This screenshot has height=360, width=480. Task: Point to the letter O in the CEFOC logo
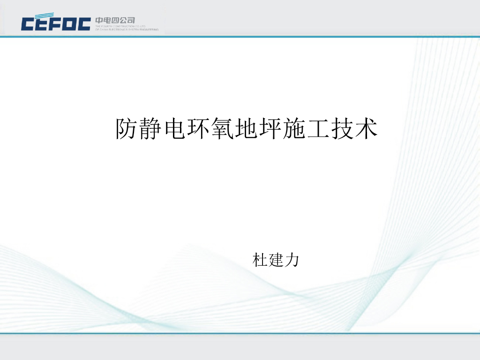coord(69,23)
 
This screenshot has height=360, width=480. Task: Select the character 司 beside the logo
coord(131,20)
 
